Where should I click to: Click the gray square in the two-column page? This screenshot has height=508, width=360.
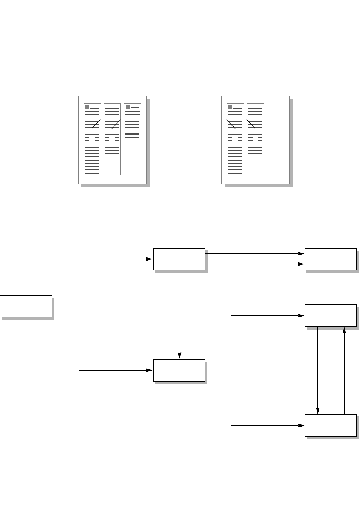(x=230, y=107)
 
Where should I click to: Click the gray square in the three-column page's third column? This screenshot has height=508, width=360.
(x=128, y=107)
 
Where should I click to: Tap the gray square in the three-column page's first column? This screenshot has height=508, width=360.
(x=87, y=107)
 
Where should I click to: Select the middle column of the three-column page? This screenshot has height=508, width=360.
(x=112, y=139)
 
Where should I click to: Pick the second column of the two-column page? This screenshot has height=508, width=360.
(x=255, y=139)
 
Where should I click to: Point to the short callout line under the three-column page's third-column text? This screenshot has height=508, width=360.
(x=147, y=160)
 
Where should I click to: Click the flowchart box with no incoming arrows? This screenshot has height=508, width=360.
(x=26, y=306)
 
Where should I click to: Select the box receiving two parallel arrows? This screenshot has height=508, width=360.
(x=330, y=259)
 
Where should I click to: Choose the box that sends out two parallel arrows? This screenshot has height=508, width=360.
(x=179, y=259)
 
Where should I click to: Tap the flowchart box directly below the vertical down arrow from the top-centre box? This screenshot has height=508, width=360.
(x=179, y=370)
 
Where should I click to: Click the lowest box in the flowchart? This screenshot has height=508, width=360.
(x=330, y=425)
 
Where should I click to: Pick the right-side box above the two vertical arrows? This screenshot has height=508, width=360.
(x=330, y=315)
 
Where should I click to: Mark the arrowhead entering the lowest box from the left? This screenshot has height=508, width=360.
(x=302, y=426)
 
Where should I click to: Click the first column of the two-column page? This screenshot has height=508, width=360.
(x=236, y=139)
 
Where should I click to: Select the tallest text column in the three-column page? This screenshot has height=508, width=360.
(x=92, y=139)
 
